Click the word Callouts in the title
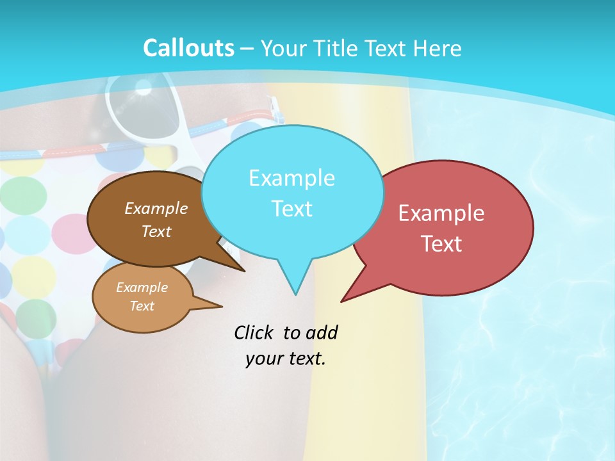188,48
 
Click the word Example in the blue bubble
291,178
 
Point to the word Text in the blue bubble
291,209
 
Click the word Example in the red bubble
441,213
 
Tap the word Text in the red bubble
441,244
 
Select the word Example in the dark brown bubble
156,208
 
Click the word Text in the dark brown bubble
156,231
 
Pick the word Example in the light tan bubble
142,287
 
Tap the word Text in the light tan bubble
142,306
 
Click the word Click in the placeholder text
254,332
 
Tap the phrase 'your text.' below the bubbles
286,359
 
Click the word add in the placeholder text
321,332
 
